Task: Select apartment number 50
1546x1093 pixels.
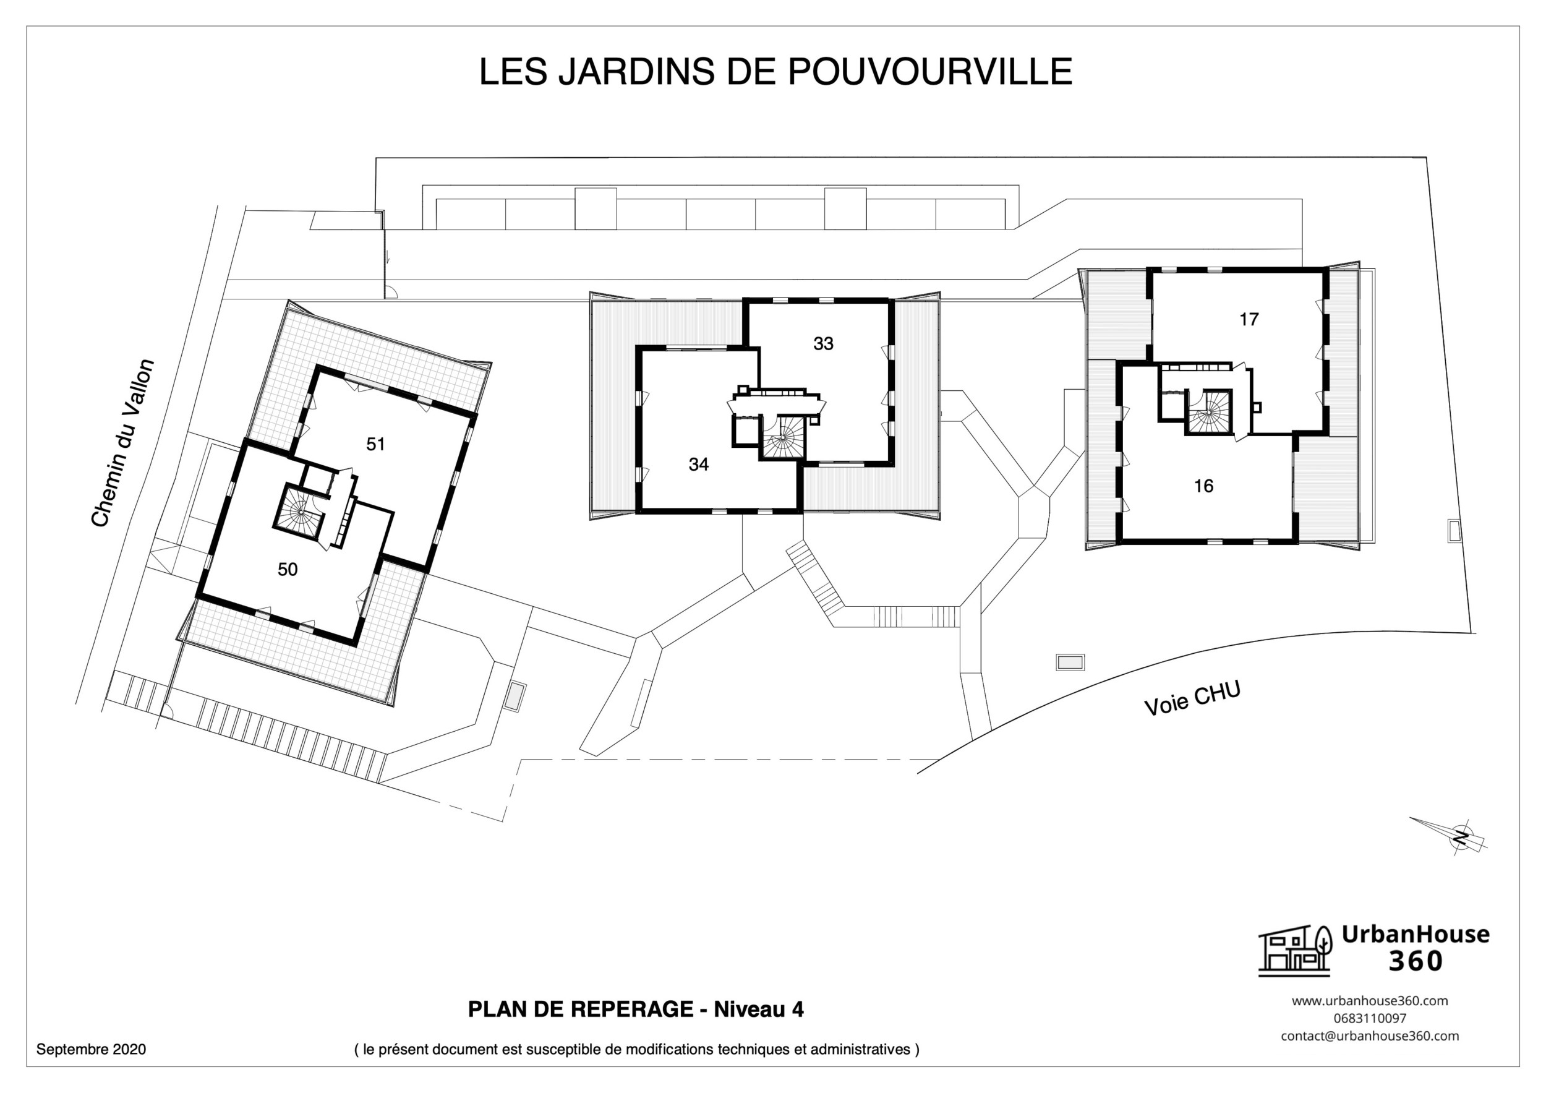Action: click(x=288, y=570)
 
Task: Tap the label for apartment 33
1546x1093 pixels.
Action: click(x=823, y=343)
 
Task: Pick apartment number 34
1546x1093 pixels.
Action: click(x=698, y=464)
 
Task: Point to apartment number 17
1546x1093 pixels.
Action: click(x=1249, y=319)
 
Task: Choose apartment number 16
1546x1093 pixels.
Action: click(x=1203, y=486)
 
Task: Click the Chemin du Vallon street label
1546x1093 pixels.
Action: click(x=122, y=443)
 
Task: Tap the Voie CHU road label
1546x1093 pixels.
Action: click(x=1192, y=698)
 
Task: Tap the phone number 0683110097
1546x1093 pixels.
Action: click(x=1369, y=1018)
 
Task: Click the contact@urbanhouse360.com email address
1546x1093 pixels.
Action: click(x=1369, y=1035)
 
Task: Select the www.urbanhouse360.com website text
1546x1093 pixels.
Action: click(x=1369, y=1001)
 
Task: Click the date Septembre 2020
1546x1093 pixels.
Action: click(x=91, y=1049)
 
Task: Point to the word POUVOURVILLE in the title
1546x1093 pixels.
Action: click(x=929, y=71)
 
